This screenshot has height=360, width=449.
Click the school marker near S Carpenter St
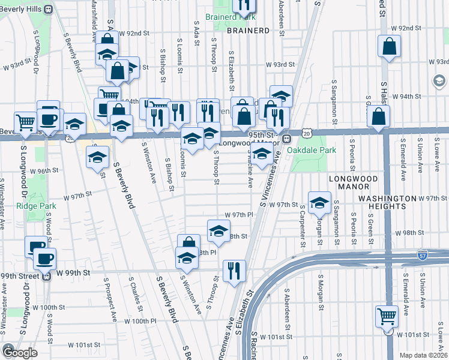click(320, 202)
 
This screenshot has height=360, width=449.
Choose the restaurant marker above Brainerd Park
click(244, 5)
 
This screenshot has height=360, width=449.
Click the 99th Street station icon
click(46, 276)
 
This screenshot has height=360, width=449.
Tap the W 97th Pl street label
click(236, 215)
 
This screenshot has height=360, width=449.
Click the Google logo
click(20, 353)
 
